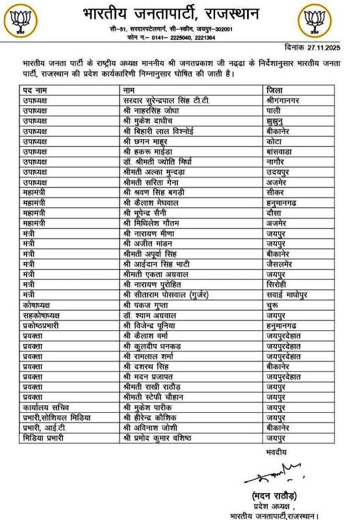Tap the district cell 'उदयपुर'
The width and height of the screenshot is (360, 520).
pos(279,172)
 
